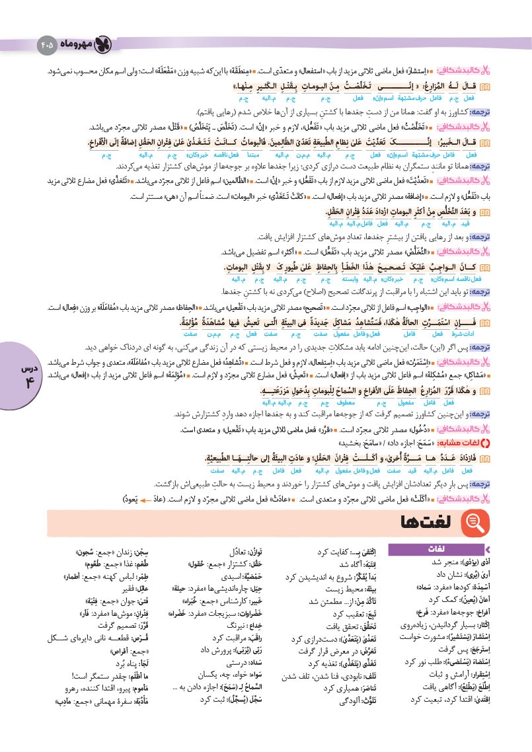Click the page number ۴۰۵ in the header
pos(47,45)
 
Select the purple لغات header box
pos(437,548)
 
